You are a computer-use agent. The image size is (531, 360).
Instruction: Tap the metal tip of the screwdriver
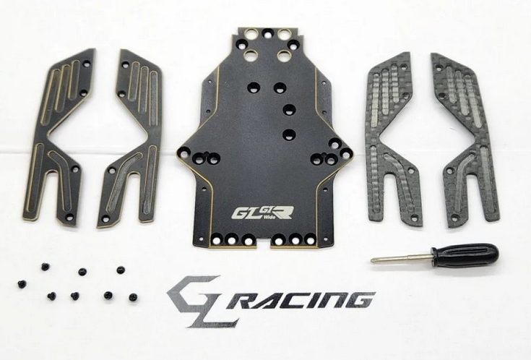click(x=373, y=260)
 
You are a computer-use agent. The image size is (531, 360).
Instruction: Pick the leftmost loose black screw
click(x=22, y=284)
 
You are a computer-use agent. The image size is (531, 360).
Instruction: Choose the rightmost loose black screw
click(x=133, y=298)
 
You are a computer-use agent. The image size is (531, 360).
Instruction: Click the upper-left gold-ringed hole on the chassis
click(x=252, y=34)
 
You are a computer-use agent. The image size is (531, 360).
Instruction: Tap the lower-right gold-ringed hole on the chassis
click(x=283, y=55)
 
